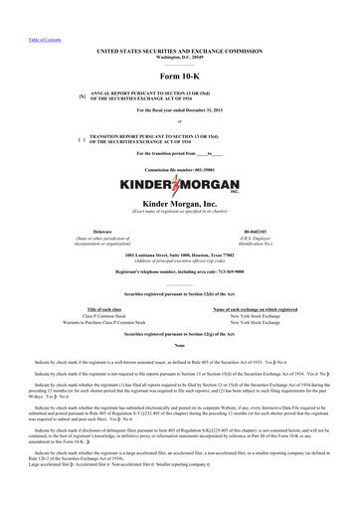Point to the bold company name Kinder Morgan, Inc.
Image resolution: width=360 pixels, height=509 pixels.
click(x=180, y=203)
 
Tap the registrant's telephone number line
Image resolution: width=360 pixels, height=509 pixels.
click(x=180, y=271)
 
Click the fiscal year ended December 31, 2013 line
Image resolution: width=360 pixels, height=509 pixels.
click(x=180, y=110)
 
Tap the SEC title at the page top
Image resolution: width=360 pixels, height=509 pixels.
click(x=180, y=48)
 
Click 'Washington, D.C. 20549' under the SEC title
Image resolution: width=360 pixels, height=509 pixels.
click(x=180, y=54)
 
